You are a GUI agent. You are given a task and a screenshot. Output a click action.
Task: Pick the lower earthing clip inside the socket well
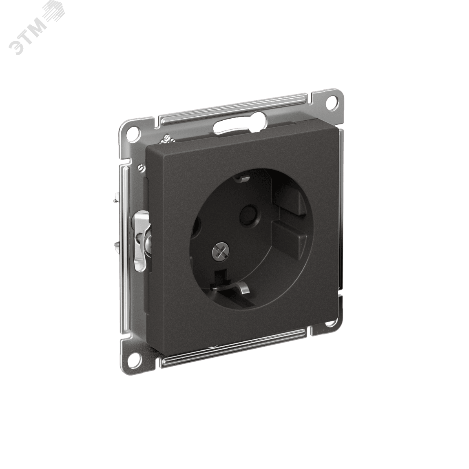point(232,287)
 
